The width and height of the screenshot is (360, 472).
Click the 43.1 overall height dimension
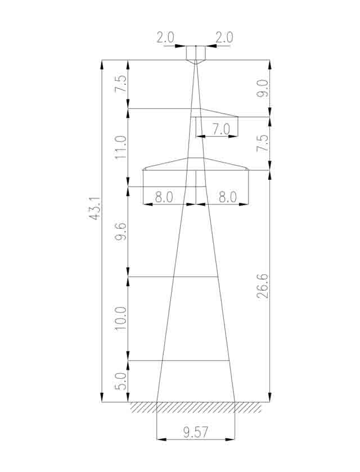click(95, 208)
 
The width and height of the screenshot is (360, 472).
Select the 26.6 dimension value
click(263, 285)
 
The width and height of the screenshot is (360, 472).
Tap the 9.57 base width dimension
click(196, 432)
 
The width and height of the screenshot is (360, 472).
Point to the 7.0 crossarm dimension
click(221, 129)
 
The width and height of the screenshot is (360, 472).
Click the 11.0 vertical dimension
click(121, 147)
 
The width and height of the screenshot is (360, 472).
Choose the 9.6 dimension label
click(121, 232)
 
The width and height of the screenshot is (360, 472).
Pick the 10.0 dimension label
click(121, 319)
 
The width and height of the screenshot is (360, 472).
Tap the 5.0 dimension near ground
click(121, 382)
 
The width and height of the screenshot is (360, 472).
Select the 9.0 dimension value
click(263, 89)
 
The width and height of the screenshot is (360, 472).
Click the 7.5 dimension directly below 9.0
click(263, 143)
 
